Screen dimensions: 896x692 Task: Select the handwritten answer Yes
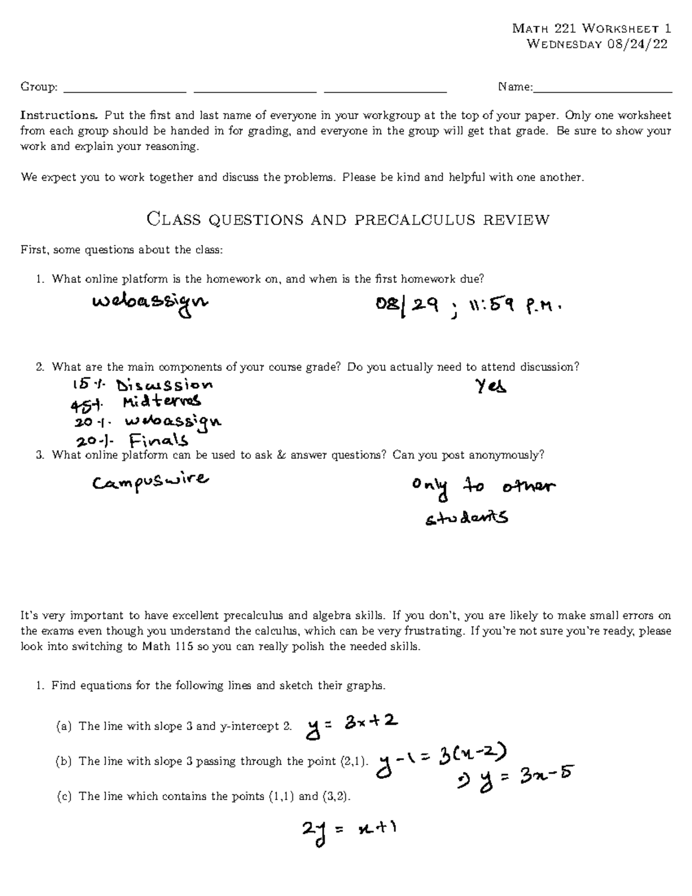coord(491,385)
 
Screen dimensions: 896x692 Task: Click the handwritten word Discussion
coord(164,385)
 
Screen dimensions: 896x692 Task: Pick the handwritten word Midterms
coord(161,401)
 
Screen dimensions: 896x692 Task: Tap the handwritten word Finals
coord(159,441)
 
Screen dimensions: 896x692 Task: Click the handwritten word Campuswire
coord(151,481)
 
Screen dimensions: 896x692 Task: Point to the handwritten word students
coord(467,518)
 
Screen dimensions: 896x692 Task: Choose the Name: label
coord(516,87)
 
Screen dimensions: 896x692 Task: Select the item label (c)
coord(64,797)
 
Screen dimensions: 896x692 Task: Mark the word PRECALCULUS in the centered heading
coord(416,220)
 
